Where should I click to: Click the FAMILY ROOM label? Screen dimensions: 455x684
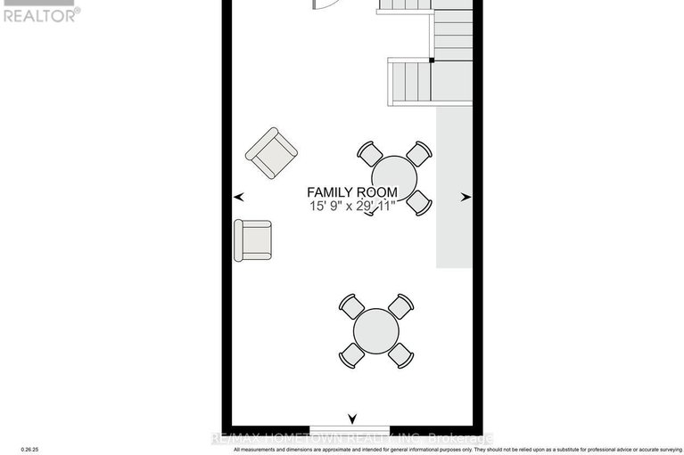pyautogui.click(x=351, y=192)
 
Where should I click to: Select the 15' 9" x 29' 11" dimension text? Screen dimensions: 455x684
pyautogui.click(x=351, y=207)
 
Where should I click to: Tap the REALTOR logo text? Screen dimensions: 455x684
pyautogui.click(x=41, y=14)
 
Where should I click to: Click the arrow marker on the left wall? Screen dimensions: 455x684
pyautogui.click(x=238, y=197)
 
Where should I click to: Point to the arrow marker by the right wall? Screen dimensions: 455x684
pyautogui.click(x=465, y=198)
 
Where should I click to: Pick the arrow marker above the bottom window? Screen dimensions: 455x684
pyautogui.click(x=352, y=418)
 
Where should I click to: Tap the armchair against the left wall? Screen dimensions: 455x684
pyautogui.click(x=252, y=240)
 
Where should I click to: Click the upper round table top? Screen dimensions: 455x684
pyautogui.click(x=394, y=177)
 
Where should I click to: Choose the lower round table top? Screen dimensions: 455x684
pyautogui.click(x=375, y=330)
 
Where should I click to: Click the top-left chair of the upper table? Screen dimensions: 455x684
pyautogui.click(x=369, y=153)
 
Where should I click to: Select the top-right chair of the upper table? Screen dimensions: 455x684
pyautogui.click(x=418, y=153)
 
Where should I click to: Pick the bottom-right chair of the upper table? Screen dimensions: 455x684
pyautogui.click(x=419, y=202)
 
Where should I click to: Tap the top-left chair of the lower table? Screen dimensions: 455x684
pyautogui.click(x=351, y=306)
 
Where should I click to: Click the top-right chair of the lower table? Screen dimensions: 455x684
pyautogui.click(x=400, y=305)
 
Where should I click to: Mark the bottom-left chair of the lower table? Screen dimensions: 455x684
pyautogui.click(x=351, y=354)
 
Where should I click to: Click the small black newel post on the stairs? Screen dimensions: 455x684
pyautogui.click(x=432, y=61)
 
